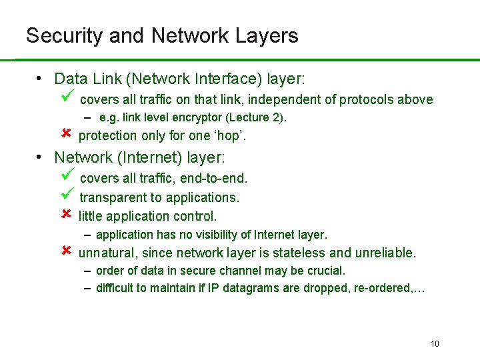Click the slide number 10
click(435, 344)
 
